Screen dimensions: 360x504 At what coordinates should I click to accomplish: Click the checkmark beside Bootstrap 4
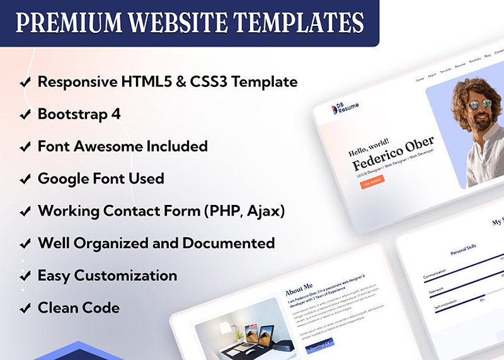coord(25,115)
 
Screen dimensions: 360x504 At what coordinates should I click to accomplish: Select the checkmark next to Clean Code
coord(25,309)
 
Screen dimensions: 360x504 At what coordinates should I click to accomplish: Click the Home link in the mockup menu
coord(420,80)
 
